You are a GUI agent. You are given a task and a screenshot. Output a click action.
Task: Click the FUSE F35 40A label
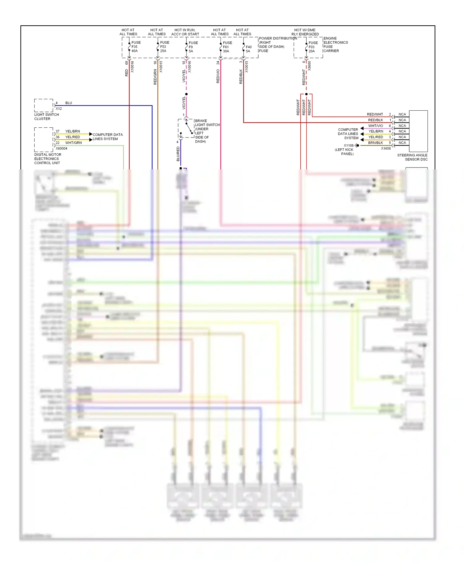pyautogui.click(x=136, y=47)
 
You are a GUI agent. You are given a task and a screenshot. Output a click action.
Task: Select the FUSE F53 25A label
pyautogui.click(x=164, y=47)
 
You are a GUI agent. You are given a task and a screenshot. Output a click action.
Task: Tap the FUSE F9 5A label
pyautogui.click(x=193, y=47)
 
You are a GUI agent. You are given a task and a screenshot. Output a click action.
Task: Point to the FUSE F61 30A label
pyautogui.click(x=227, y=47)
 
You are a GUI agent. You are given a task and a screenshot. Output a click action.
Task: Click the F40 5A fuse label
pyautogui.click(x=248, y=49)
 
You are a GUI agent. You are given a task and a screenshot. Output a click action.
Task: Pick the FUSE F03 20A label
pyautogui.click(x=313, y=47)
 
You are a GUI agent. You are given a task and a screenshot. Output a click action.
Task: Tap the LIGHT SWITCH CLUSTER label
pyautogui.click(x=46, y=117)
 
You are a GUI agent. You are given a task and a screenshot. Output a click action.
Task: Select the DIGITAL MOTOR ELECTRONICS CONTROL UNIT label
pyautogui.click(x=48, y=159)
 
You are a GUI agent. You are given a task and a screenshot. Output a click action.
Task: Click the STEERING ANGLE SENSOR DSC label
pyautogui.click(x=412, y=157)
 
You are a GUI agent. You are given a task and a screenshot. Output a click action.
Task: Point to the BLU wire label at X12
pyautogui.click(x=68, y=103)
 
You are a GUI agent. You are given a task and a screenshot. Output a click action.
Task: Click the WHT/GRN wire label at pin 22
pyautogui.click(x=73, y=143)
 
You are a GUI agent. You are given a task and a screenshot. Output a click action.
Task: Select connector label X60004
pyautogui.click(x=61, y=148)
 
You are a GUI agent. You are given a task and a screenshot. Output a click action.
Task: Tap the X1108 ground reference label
pyautogui.click(x=348, y=146)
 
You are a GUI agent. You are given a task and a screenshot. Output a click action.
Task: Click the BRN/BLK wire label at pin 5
pyautogui.click(x=375, y=143)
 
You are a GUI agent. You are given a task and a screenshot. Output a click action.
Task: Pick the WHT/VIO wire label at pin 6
pyautogui.click(x=375, y=126)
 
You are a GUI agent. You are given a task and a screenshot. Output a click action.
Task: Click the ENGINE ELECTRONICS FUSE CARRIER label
pyautogui.click(x=335, y=45)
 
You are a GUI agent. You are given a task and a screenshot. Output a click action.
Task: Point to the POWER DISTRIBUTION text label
pyautogui.click(x=278, y=38)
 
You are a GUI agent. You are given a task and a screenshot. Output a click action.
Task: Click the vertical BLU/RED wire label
pyautogui.click(x=178, y=154)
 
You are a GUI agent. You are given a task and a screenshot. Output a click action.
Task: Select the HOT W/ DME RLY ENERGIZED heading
pyautogui.click(x=305, y=32)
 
